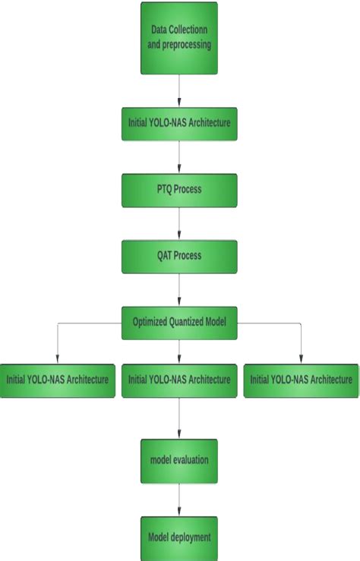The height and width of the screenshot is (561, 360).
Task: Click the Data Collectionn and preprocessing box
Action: [179, 38]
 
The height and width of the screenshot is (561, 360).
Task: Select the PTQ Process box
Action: [179, 190]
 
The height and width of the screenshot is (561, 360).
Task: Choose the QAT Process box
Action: [179, 257]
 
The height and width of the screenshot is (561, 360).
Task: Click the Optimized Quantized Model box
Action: [179, 323]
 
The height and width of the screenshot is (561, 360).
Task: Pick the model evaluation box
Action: [179, 461]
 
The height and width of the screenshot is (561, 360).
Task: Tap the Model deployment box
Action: [179, 538]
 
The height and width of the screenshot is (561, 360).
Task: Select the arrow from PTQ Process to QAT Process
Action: [179, 224]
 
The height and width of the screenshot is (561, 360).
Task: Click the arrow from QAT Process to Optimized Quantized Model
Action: [179, 290]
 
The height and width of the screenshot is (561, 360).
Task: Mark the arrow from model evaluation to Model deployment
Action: [179, 500]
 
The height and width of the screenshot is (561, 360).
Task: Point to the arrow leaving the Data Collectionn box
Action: [179, 91]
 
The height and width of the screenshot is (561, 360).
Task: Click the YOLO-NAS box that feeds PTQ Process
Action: [179, 124]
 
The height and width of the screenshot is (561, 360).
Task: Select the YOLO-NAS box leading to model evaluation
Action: [179, 380]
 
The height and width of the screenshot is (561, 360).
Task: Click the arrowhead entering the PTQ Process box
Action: [179, 170]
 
